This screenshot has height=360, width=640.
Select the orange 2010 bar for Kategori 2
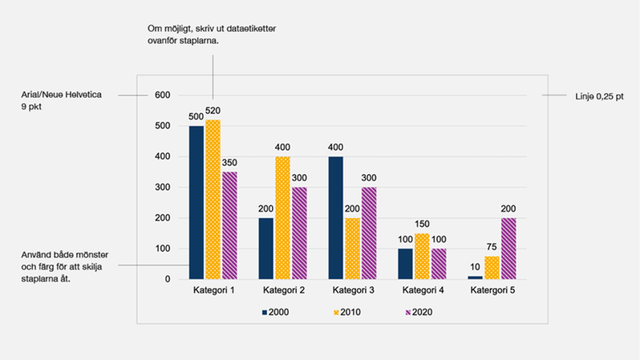pos(283,217)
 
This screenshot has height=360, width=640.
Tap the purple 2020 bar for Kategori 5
pos(508,248)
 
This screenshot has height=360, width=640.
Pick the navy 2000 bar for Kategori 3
pos(335,217)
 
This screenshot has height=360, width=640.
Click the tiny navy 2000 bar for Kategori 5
pos(475,277)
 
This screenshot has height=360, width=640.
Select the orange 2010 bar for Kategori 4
pos(423,256)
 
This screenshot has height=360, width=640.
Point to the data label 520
pos(213,111)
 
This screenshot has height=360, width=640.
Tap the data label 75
pos(492,247)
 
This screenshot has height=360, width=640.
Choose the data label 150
pos(423,224)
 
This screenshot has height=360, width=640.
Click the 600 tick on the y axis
pos(162,95)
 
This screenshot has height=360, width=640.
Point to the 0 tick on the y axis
pos(167,279)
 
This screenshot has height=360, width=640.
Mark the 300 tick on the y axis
pos(162,188)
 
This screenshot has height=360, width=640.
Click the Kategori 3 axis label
pos(352,290)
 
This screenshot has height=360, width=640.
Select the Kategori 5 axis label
pos(491,290)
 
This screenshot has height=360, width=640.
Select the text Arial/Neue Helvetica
pos(60,95)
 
